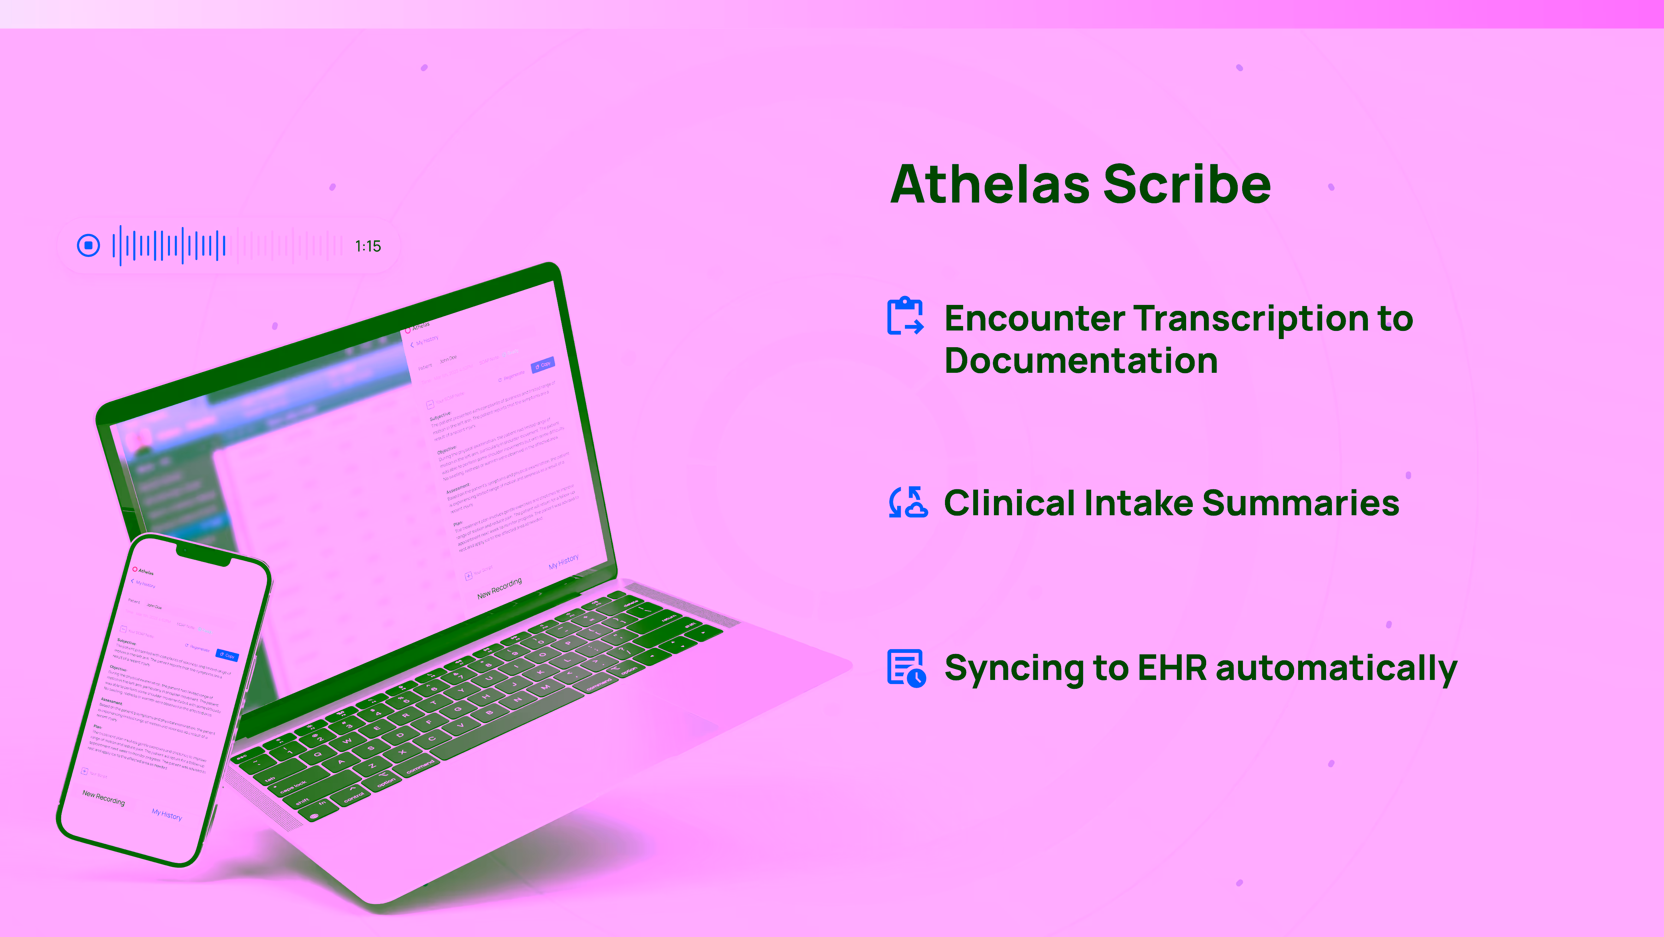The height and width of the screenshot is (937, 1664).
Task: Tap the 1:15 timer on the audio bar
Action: (x=368, y=246)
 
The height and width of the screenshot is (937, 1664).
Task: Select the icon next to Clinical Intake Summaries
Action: (x=908, y=502)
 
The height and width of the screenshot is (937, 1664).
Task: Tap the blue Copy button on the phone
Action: (x=227, y=655)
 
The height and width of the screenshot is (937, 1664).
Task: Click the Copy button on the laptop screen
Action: (x=542, y=365)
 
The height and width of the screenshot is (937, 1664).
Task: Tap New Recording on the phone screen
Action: (x=104, y=798)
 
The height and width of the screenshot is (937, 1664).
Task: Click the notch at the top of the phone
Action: (x=203, y=555)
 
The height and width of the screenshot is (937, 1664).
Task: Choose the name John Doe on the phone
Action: (x=154, y=606)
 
